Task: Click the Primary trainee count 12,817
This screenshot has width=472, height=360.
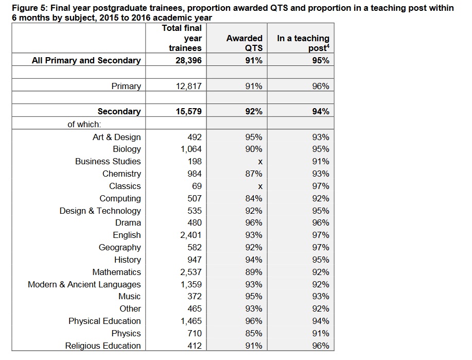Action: (x=189, y=86)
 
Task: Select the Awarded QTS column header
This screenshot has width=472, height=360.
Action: (x=244, y=43)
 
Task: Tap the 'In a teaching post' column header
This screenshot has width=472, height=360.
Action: (x=303, y=43)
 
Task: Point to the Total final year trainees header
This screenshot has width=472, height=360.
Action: (x=182, y=38)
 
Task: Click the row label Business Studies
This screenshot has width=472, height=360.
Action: (x=108, y=162)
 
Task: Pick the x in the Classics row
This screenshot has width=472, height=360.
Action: (x=260, y=186)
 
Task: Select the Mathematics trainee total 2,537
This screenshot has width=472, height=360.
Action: (x=191, y=272)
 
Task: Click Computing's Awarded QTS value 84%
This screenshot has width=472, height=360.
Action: (x=253, y=198)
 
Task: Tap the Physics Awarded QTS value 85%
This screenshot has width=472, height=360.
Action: (x=253, y=334)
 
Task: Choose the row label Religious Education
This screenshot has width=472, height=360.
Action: (x=103, y=346)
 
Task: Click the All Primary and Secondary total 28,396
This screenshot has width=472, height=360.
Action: (x=189, y=61)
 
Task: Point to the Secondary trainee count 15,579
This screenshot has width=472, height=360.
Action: (x=189, y=111)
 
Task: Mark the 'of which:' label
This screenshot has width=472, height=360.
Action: (x=84, y=125)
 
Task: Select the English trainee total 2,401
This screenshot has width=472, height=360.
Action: (x=191, y=235)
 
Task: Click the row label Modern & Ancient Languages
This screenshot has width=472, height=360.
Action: (x=84, y=284)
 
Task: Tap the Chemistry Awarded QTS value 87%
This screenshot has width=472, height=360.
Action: (x=253, y=174)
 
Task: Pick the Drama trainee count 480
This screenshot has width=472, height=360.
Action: (x=195, y=222)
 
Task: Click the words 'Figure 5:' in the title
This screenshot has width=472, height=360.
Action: (x=30, y=8)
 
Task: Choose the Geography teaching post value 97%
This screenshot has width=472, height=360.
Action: (x=321, y=247)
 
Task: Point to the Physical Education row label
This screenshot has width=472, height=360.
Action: (x=104, y=321)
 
